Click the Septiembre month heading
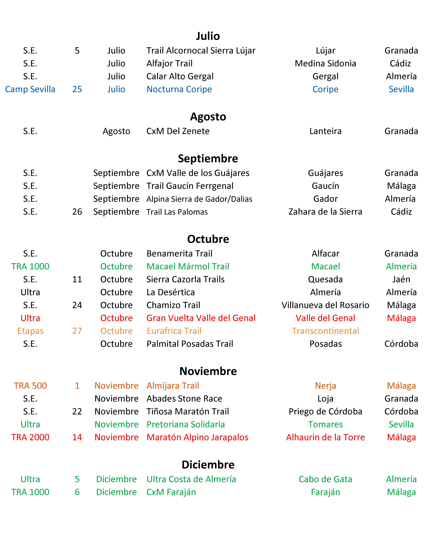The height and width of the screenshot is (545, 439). point(208,158)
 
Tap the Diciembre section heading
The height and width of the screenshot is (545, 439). point(208,465)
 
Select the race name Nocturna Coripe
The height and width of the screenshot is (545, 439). point(179,89)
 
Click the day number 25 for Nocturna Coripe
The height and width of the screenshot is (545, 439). point(77,89)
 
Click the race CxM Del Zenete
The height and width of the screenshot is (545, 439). point(178,131)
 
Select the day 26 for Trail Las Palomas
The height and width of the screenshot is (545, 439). point(77,212)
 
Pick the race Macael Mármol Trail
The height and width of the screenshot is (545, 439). point(188,266)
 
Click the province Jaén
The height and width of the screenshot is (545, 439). point(401,279)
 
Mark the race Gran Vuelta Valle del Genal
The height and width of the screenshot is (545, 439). point(201,318)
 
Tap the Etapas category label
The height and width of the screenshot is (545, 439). point(30,331)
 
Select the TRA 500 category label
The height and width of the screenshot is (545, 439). point(30,386)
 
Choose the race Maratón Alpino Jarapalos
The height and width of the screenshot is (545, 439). point(197,437)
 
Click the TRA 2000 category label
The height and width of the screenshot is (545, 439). point(30,437)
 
